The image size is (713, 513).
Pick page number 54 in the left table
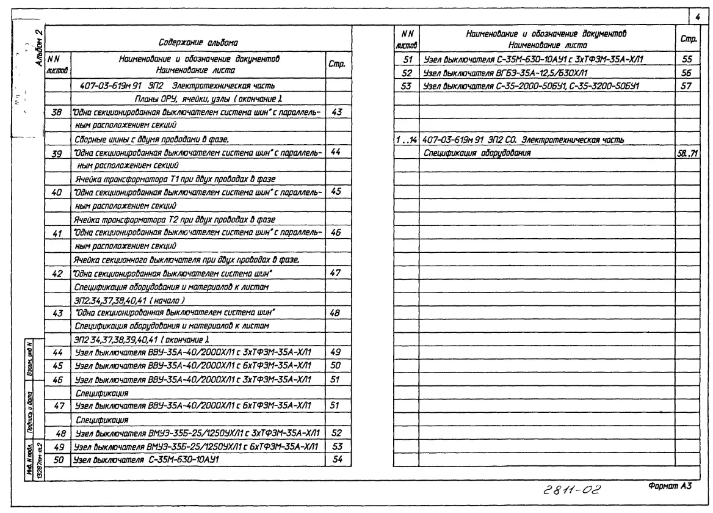(x=335, y=459)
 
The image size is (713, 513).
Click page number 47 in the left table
(x=335, y=272)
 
